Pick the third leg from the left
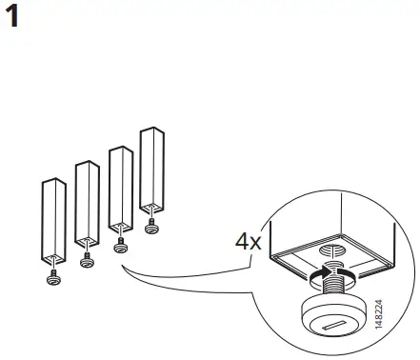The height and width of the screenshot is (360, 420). coord(119,190)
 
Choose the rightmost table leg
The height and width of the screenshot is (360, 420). coord(151,171)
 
